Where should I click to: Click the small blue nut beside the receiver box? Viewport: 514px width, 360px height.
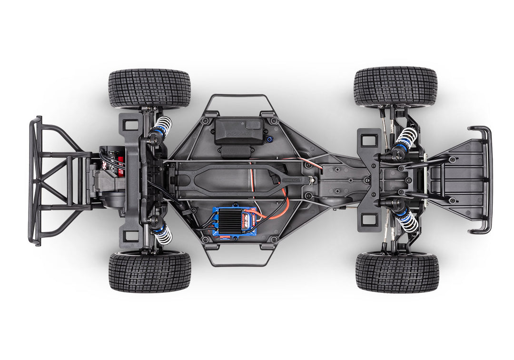(x=269, y=140)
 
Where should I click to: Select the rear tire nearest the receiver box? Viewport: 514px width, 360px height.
(x=149, y=89)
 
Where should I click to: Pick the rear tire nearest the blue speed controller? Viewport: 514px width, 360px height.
(x=149, y=271)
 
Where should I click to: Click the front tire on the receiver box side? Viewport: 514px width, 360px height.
(x=395, y=86)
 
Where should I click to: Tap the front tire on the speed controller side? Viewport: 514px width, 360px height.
(x=397, y=272)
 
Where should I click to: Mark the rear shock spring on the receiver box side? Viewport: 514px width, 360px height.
(x=162, y=127)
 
